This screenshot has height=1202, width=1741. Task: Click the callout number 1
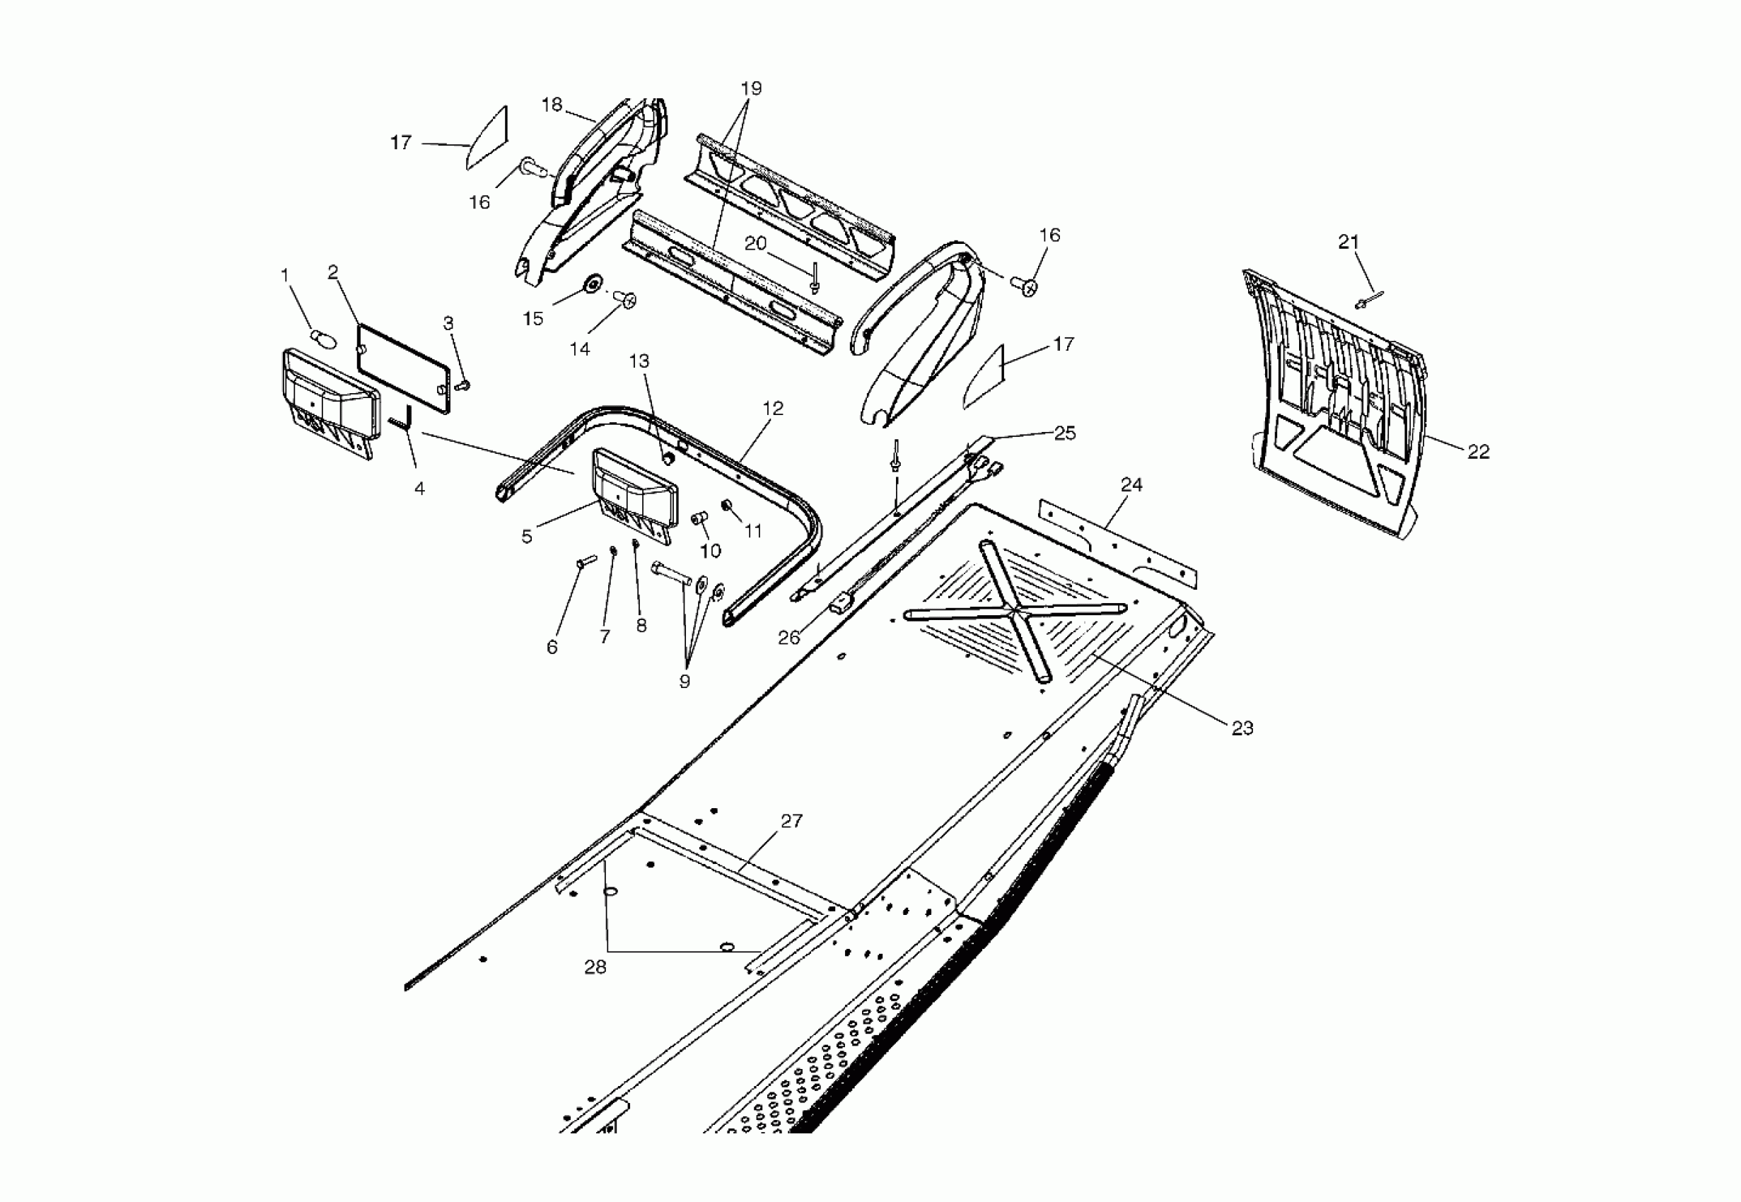point(285,276)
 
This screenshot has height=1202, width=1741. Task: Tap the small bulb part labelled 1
point(322,338)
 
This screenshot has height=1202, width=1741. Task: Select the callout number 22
point(1478,452)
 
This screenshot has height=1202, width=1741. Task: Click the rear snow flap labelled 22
point(1333,407)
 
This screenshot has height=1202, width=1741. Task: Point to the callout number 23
point(1242,728)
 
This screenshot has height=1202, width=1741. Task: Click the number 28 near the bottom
point(595,968)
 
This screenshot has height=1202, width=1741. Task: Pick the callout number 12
point(773,408)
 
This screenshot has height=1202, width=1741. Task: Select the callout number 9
point(684,682)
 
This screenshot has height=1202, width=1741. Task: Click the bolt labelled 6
point(585,562)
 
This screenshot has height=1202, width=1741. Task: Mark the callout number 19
point(751,89)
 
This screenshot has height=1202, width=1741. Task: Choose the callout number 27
point(791,821)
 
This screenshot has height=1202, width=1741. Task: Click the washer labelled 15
point(593,284)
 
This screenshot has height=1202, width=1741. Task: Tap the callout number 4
point(419,489)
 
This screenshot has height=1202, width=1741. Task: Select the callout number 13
point(639,361)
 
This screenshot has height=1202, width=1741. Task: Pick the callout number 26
point(788,638)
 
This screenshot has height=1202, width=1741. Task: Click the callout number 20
point(755,243)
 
